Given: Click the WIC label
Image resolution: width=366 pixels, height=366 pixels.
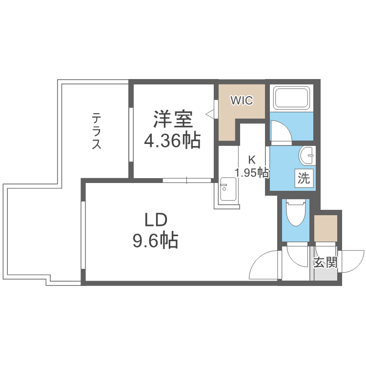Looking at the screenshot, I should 242,101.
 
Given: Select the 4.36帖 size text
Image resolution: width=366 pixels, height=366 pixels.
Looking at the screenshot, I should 172,141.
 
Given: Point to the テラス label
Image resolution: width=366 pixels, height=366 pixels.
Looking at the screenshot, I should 97,131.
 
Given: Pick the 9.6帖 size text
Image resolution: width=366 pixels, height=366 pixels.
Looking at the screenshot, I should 156,241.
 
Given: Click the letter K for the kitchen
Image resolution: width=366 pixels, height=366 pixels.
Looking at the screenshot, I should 252,160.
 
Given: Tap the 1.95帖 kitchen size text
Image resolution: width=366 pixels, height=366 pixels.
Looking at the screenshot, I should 252,172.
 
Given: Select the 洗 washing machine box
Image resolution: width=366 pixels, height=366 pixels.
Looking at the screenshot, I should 304,179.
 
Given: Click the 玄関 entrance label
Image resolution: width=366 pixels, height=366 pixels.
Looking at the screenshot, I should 325,263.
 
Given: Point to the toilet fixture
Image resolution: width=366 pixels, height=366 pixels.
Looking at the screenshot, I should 295,213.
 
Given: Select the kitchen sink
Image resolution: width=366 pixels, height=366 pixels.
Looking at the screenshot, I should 227,191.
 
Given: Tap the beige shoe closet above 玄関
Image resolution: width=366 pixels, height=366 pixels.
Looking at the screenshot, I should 325,228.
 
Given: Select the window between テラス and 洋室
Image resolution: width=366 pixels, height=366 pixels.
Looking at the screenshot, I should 131,134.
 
